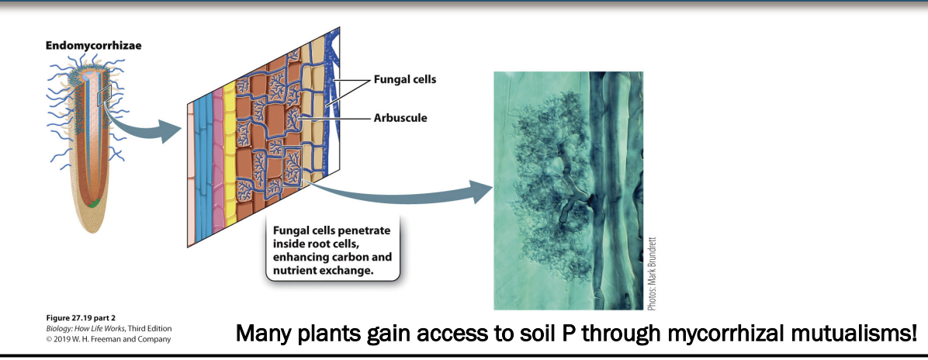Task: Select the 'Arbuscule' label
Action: tap(401, 118)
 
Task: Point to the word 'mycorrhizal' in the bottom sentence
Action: tap(696, 334)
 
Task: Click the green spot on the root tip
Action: tap(93, 205)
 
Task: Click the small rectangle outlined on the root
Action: tap(104, 96)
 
